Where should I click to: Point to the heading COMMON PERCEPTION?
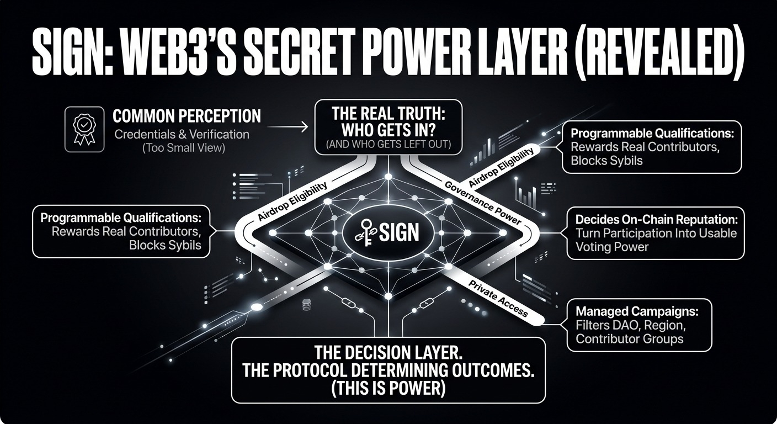point(187,116)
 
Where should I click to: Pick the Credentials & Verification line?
point(182,134)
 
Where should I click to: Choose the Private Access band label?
point(498,299)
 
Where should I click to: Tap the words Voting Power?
point(612,247)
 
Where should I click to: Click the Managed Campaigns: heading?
point(637,311)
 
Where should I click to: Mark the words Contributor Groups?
point(629,338)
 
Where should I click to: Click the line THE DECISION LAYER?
point(388,352)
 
